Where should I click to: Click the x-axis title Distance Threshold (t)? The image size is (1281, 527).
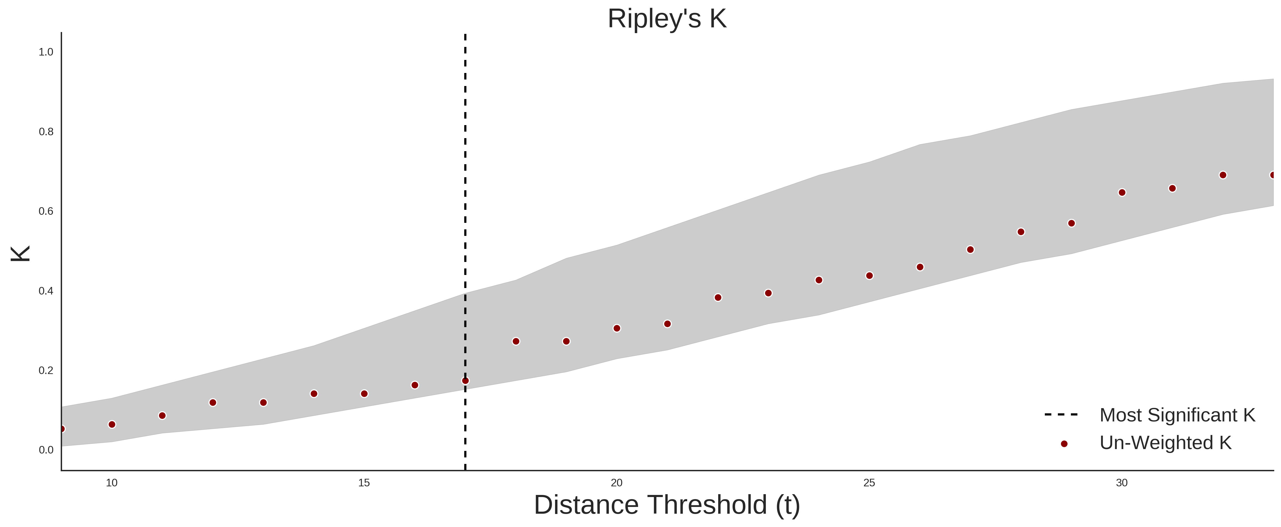(667, 505)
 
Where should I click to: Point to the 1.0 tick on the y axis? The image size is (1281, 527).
(46, 52)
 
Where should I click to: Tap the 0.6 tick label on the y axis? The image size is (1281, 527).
(46, 211)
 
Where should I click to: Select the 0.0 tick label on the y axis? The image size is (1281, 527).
(46, 450)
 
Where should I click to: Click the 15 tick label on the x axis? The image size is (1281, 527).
(364, 483)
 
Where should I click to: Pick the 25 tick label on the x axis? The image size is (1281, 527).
(869, 483)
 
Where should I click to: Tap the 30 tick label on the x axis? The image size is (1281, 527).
(1122, 483)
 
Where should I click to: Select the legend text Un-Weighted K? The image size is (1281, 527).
(1166, 443)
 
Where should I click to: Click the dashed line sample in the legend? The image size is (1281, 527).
(1061, 414)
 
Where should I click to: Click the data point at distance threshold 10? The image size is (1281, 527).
(112, 425)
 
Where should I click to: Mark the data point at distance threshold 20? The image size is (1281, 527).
(617, 328)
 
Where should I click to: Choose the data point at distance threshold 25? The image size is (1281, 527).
(869, 275)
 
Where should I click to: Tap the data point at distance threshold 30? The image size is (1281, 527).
(1122, 192)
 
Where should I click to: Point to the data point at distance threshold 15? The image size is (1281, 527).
(364, 394)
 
